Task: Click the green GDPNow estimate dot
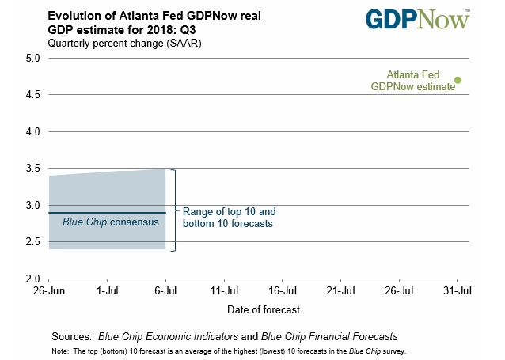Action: (458, 80)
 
